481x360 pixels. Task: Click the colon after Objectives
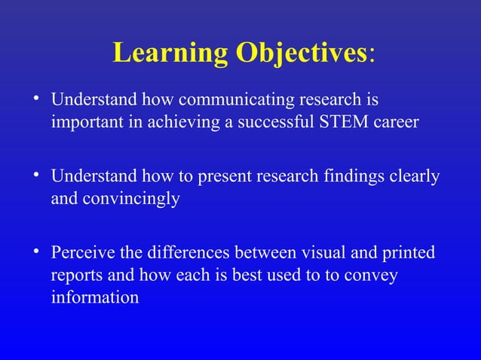pyautogui.click(x=372, y=56)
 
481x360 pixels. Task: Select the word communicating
pyautogui.click(x=237, y=99)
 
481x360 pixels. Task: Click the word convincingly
pyautogui.click(x=129, y=200)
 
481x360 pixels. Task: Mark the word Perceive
pyautogui.click(x=82, y=253)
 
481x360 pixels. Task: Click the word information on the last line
pyautogui.click(x=94, y=297)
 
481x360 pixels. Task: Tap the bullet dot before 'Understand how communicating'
pyautogui.click(x=35, y=98)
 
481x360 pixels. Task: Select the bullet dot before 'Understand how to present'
pyautogui.click(x=35, y=175)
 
